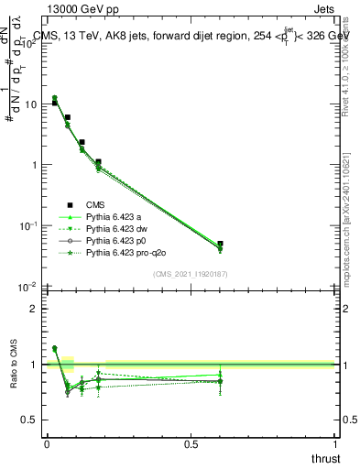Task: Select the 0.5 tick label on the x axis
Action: (x=191, y=443)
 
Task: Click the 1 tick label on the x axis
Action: (x=334, y=443)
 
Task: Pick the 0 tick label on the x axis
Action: (x=47, y=443)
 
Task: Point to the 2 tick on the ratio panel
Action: (x=34, y=309)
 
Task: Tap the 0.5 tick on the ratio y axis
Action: (x=29, y=420)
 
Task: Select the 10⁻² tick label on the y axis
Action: (x=29, y=287)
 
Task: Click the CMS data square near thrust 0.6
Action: (x=220, y=245)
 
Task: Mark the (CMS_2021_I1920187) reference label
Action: (x=191, y=273)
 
